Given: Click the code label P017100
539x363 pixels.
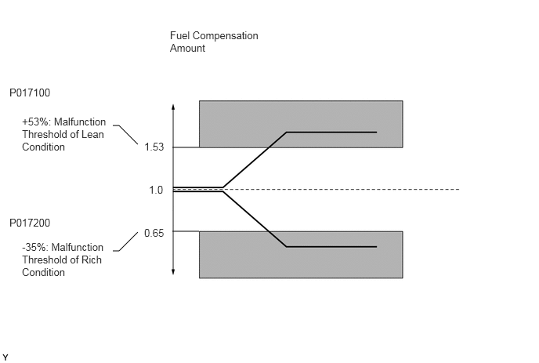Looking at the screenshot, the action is pyautogui.click(x=30, y=93).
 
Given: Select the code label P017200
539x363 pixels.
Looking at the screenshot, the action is pyautogui.click(x=30, y=223).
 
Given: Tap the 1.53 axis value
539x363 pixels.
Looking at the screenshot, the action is pyautogui.click(x=154, y=147).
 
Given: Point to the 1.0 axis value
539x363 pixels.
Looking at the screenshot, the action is pyautogui.click(x=156, y=190).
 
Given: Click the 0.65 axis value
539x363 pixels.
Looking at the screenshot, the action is pyautogui.click(x=154, y=233).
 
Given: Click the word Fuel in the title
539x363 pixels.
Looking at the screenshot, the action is pyautogui.click(x=179, y=36).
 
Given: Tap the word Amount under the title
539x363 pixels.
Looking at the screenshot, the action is pyautogui.click(x=187, y=48).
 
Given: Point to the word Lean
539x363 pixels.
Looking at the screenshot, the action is pyautogui.click(x=93, y=135).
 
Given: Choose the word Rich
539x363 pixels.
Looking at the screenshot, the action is pyautogui.click(x=92, y=260).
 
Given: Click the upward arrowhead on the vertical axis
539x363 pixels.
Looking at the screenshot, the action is pyautogui.click(x=173, y=107).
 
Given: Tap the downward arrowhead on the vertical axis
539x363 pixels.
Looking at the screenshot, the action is pyautogui.click(x=173, y=272).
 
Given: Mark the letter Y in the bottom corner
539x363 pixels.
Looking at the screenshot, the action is pyautogui.click(x=5, y=358).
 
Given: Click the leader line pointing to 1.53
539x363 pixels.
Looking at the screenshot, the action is pyautogui.click(x=126, y=133).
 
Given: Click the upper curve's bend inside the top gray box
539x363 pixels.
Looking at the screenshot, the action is pyautogui.click(x=287, y=132).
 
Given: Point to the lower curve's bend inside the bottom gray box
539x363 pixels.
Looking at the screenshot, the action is pyautogui.click(x=287, y=247).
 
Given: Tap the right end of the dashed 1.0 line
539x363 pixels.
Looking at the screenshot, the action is pyautogui.click(x=459, y=190).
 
